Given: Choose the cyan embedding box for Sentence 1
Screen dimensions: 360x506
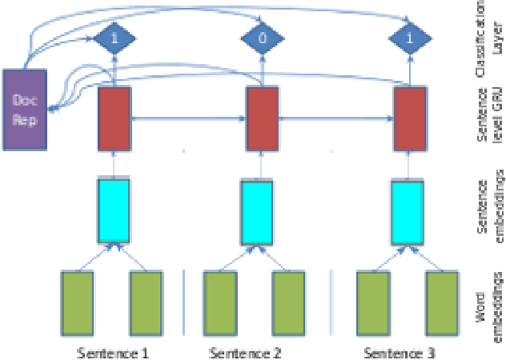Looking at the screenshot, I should point(113,210).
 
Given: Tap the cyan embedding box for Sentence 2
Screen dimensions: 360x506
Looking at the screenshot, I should point(259,210).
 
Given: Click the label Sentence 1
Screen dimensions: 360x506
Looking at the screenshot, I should point(113,353).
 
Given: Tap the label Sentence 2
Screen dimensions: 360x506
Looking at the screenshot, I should point(243,353).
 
